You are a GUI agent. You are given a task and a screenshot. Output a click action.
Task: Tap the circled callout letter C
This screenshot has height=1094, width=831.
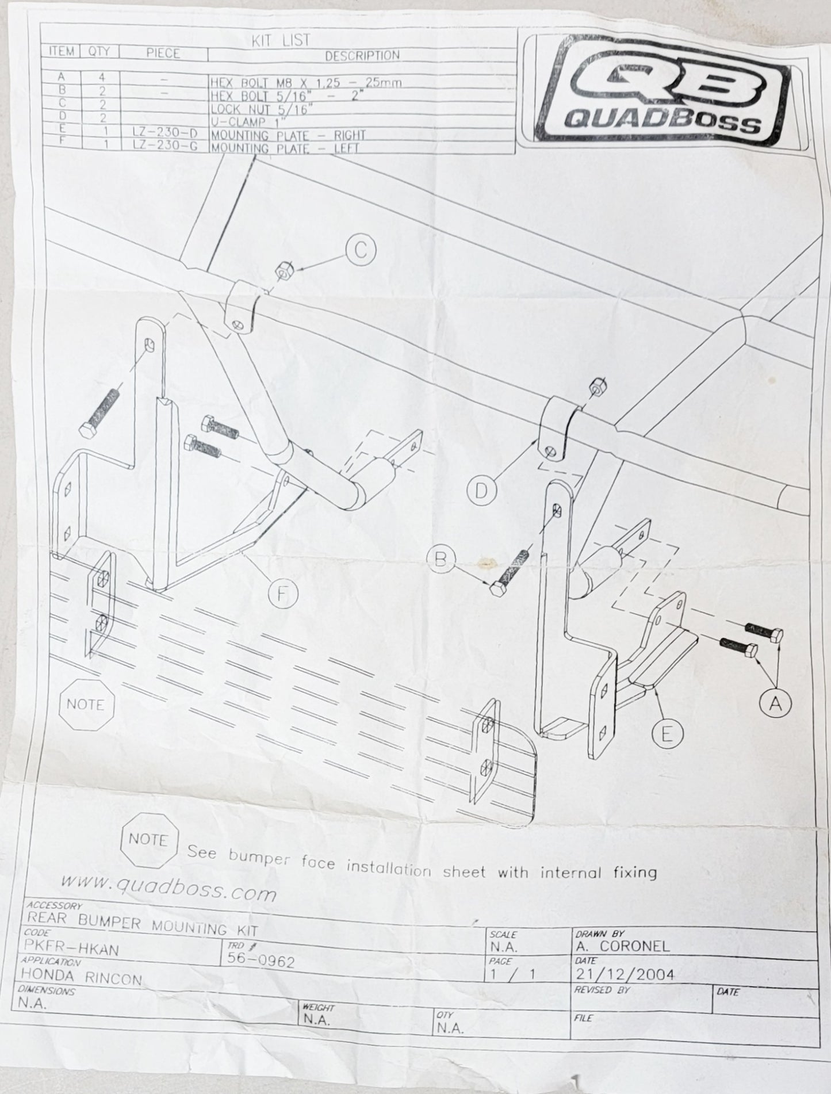click(360, 250)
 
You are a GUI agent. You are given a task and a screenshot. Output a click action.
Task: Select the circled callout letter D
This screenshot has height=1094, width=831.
click(482, 490)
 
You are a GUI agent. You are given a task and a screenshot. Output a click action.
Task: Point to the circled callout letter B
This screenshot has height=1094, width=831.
click(441, 559)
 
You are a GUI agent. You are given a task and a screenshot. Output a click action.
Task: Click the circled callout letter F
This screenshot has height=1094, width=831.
click(282, 593)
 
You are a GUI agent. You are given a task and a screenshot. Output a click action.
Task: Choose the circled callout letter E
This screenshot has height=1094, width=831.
click(667, 734)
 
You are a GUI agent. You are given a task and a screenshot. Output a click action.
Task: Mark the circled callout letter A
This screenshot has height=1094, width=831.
click(775, 703)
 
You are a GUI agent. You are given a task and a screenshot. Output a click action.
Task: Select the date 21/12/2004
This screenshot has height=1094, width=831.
click(625, 973)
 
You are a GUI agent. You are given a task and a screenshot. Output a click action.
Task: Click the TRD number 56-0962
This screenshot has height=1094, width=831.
click(262, 961)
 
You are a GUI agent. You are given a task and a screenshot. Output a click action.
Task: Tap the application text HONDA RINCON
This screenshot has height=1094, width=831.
click(81, 977)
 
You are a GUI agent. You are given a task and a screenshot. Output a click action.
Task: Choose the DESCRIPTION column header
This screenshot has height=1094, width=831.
click(362, 55)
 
